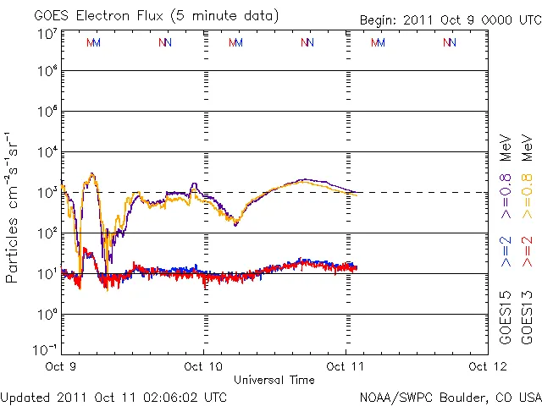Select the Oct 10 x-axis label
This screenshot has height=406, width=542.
click(203, 367)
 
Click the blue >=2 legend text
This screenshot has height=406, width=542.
click(505, 252)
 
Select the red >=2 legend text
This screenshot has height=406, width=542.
click(527, 252)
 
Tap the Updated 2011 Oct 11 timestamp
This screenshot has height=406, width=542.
click(114, 396)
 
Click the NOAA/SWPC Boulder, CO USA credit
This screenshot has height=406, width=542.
click(450, 396)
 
